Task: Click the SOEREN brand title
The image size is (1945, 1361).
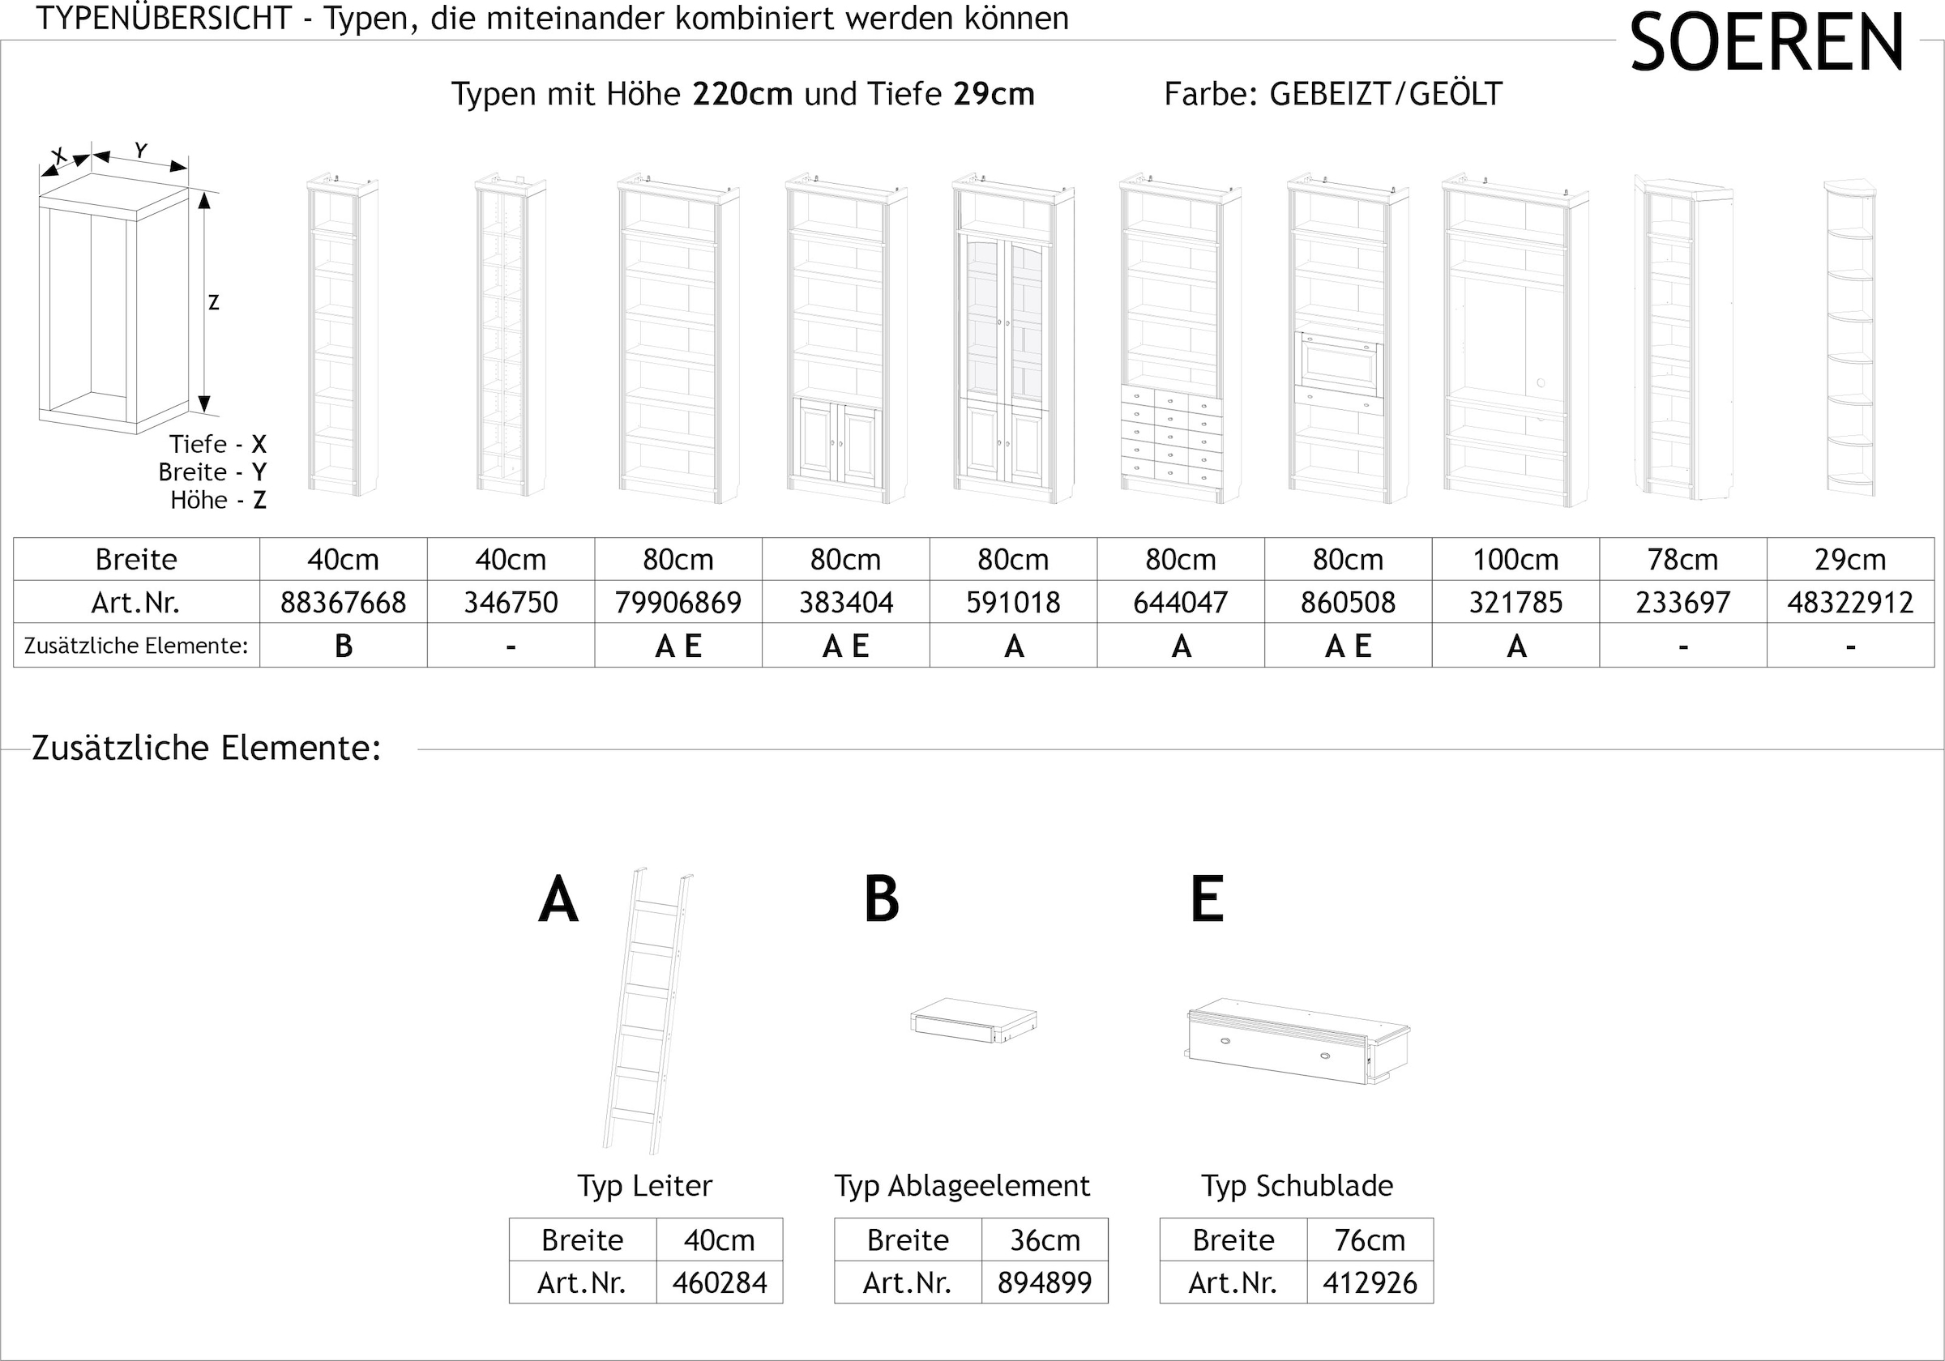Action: pos(1766,42)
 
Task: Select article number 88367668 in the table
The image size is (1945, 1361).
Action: pos(343,602)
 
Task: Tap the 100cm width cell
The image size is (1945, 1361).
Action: pos(1515,559)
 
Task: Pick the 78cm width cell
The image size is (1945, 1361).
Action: pos(1682,559)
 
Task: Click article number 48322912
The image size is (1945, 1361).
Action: pos(1850,602)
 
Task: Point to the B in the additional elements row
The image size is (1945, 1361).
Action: pos(343,646)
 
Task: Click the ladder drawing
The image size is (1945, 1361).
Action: pos(648,1009)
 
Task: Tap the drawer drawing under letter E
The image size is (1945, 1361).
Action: pos(1296,1042)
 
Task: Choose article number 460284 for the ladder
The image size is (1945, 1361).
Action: pos(719,1283)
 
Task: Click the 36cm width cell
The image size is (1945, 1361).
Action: pos(1045,1240)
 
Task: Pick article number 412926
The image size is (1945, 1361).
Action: pos(1370,1283)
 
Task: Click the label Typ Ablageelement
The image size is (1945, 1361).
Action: pos(962,1186)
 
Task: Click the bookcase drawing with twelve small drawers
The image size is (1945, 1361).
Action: pos(1179,339)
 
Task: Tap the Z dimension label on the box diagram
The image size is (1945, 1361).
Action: pos(213,302)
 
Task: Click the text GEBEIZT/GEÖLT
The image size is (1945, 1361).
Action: pos(1385,94)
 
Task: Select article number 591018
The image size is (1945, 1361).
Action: pos(1013,602)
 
